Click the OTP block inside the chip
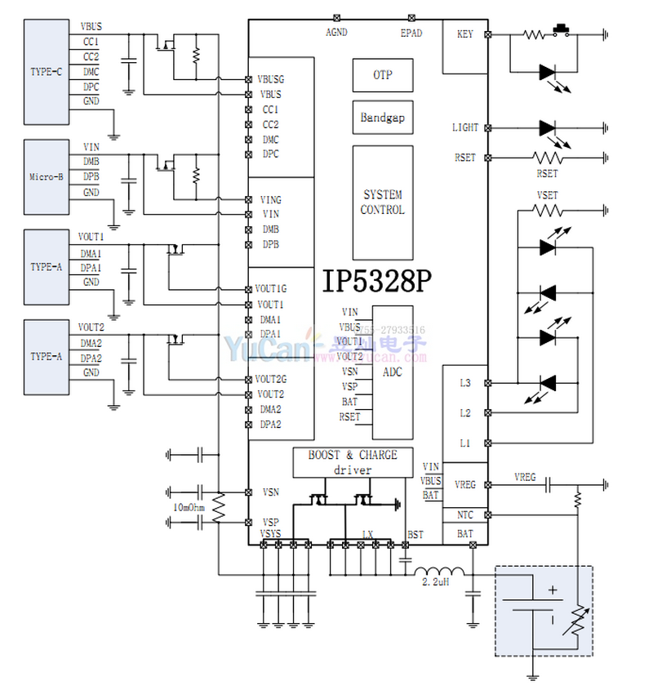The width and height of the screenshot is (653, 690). [382, 75]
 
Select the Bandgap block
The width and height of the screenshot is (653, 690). [382, 118]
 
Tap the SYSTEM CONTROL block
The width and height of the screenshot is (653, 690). [382, 203]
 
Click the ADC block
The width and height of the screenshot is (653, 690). [393, 372]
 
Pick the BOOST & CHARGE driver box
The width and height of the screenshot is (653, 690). [353, 462]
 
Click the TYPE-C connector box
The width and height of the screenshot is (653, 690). [47, 71]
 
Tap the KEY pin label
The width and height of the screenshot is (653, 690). [465, 34]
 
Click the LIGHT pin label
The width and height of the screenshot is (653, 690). [465, 128]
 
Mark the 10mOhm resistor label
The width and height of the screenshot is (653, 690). [189, 507]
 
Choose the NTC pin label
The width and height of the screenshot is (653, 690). [464, 515]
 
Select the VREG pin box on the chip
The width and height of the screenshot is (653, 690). [464, 485]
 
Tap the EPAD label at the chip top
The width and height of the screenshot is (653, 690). [411, 33]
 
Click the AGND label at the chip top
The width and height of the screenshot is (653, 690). [336, 33]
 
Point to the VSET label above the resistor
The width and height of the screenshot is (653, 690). [548, 195]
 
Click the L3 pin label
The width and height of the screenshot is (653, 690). [465, 382]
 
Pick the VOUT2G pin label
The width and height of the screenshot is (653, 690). [270, 379]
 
